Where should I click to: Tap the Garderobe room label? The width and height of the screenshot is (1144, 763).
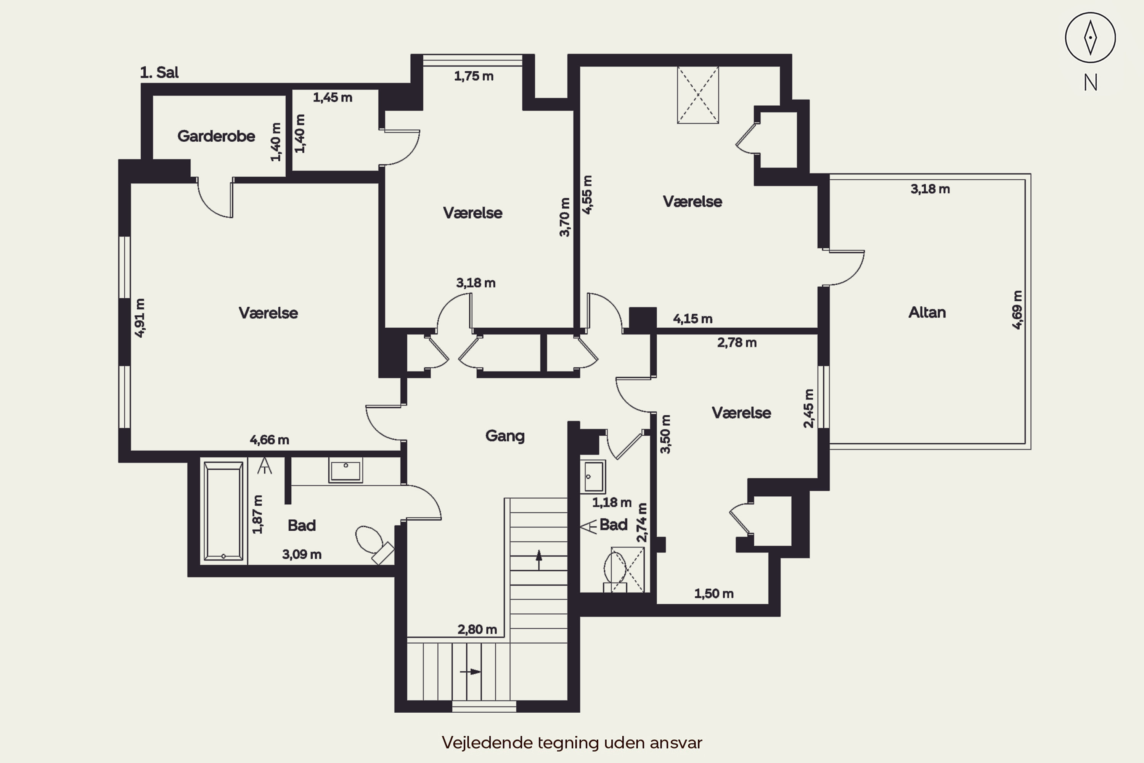point(216,136)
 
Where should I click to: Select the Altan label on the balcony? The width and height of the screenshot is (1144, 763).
point(927,312)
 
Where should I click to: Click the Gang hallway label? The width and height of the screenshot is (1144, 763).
point(505,436)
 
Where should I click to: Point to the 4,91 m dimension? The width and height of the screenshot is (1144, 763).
point(140,318)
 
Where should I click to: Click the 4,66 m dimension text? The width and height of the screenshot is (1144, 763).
point(270,440)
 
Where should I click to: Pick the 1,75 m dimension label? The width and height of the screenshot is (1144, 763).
point(474,76)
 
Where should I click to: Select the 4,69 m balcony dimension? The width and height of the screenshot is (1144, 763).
point(1017,310)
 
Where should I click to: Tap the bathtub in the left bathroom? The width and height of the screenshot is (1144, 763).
point(223,511)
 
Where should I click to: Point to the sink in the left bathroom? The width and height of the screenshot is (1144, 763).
point(345,470)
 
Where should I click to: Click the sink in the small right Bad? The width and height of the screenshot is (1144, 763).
point(593,476)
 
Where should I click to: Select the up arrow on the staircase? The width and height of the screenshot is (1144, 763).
point(538,560)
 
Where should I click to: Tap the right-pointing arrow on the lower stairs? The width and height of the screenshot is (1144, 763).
point(470,672)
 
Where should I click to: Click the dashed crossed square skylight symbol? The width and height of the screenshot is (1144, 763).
point(697,95)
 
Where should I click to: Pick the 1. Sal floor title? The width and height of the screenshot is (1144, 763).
point(159,72)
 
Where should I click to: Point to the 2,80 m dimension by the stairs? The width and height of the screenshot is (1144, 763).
point(477,630)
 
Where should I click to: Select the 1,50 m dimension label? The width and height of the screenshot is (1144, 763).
point(713,594)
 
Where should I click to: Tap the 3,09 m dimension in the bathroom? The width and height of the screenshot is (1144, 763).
point(302,554)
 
